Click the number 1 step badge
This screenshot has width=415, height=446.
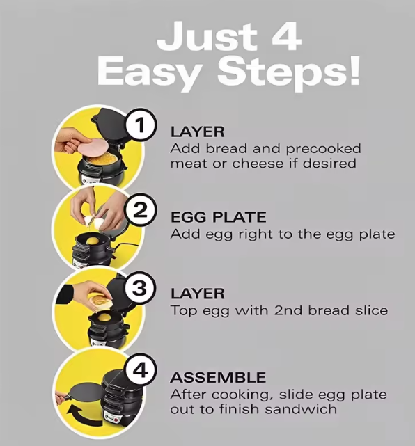[141, 125]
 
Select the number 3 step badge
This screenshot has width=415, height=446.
[141, 288]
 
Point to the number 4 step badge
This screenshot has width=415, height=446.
[141, 371]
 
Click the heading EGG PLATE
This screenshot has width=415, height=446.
[219, 217]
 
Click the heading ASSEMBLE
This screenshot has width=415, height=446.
[218, 377]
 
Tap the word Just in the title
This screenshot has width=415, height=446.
[208, 38]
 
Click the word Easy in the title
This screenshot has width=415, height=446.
[148, 72]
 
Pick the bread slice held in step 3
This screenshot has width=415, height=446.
[100, 301]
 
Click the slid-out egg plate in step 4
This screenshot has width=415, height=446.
[84, 397]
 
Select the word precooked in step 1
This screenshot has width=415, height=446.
[323, 149]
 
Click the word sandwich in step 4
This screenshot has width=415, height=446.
[301, 410]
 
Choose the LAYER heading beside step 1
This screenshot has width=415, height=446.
[197, 132]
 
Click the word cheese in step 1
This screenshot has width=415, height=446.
[258, 164]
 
